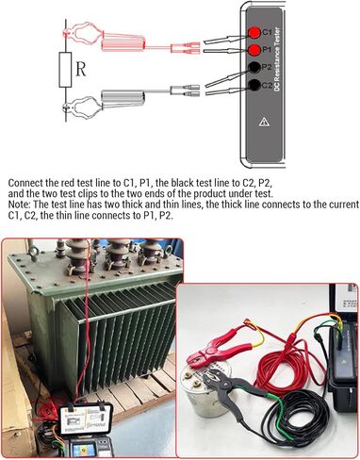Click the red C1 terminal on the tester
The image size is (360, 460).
(254, 32)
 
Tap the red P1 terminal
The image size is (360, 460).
(254, 49)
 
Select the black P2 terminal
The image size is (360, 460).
(254, 67)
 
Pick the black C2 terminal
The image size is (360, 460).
(254, 85)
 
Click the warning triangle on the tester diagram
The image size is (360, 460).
(264, 122)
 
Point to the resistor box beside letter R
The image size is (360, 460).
(65, 70)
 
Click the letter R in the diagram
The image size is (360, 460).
(81, 70)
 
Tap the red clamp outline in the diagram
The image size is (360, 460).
(104, 37)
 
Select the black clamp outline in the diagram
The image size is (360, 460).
(104, 101)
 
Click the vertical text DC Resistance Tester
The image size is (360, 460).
(277, 59)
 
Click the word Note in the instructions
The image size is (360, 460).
(19, 205)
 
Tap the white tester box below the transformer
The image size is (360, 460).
(86, 419)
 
